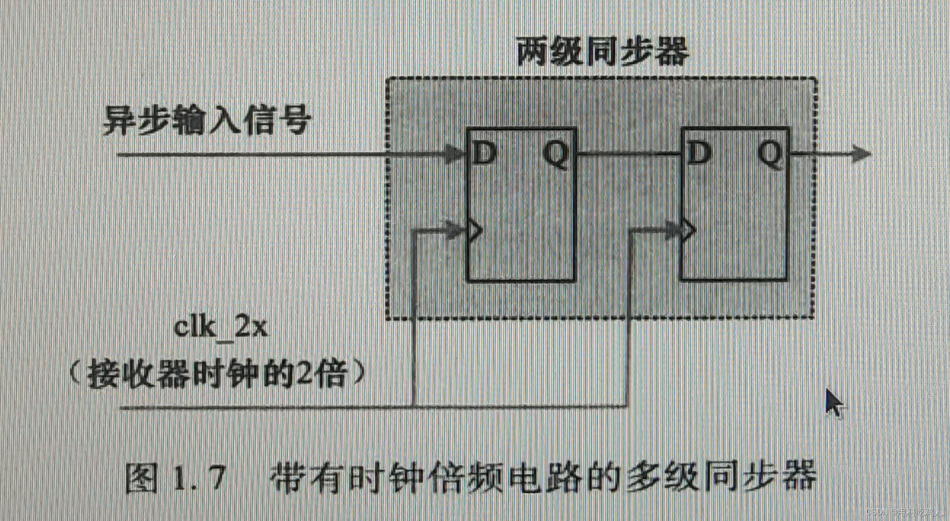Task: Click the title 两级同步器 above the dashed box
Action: pyautogui.click(x=603, y=51)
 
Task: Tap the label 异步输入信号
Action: pyautogui.click(x=207, y=120)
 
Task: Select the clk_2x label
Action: pyautogui.click(x=220, y=327)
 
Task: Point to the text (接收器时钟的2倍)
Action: pyautogui.click(x=217, y=374)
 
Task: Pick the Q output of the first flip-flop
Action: pyautogui.click(x=556, y=154)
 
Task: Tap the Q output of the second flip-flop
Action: pyautogui.click(x=770, y=154)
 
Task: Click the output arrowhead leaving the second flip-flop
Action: pyautogui.click(x=861, y=154)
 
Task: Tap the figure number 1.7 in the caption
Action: pyautogui.click(x=198, y=478)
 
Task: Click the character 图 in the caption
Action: pyautogui.click(x=141, y=478)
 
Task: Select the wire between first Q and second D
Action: pyautogui.click(x=629, y=154)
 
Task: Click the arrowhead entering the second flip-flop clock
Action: pyautogui.click(x=672, y=230)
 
